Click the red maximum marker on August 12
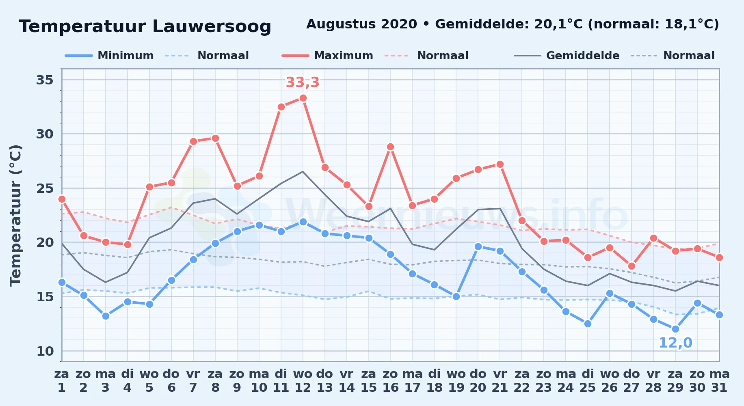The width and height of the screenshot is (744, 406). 303,98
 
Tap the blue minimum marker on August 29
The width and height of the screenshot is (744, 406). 675,329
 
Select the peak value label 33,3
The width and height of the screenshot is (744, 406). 303,82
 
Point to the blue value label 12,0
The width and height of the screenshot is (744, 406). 675,343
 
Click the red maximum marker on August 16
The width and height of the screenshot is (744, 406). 391,147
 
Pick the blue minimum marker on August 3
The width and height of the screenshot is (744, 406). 106,316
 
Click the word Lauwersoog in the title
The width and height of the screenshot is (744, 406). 212,26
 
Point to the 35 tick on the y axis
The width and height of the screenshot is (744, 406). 45,80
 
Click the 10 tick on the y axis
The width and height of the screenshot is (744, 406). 45,351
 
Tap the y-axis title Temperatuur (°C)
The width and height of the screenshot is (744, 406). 16,215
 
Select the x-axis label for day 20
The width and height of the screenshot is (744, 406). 478,381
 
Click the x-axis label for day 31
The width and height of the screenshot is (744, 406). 719,381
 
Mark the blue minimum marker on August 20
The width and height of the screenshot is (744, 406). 478,246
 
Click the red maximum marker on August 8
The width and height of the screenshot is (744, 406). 215,138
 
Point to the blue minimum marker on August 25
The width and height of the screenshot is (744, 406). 588,324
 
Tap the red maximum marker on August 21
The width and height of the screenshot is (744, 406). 500,164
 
